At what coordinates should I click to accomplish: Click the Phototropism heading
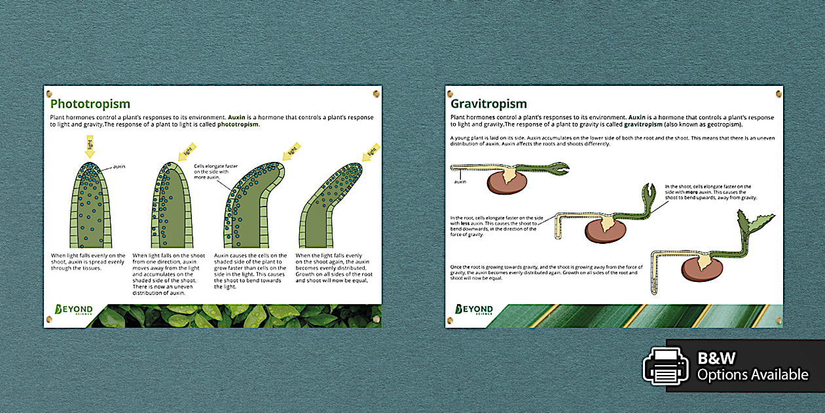(x=90, y=104)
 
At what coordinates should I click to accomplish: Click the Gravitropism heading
(x=488, y=104)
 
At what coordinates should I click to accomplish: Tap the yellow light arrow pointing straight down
(x=90, y=146)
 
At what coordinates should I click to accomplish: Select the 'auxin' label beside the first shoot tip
(x=119, y=167)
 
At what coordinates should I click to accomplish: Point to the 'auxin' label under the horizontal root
(x=460, y=182)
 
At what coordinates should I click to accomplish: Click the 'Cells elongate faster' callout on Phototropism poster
(x=217, y=172)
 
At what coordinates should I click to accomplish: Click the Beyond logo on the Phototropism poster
(x=73, y=309)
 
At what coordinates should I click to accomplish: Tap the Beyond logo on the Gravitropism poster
(x=474, y=309)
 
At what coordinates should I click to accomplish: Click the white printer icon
(x=666, y=366)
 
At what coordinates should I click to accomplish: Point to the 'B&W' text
(x=716, y=358)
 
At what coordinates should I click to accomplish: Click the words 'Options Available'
(x=752, y=374)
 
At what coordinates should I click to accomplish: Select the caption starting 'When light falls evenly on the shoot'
(x=88, y=262)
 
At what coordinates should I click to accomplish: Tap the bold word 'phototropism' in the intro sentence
(x=238, y=124)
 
